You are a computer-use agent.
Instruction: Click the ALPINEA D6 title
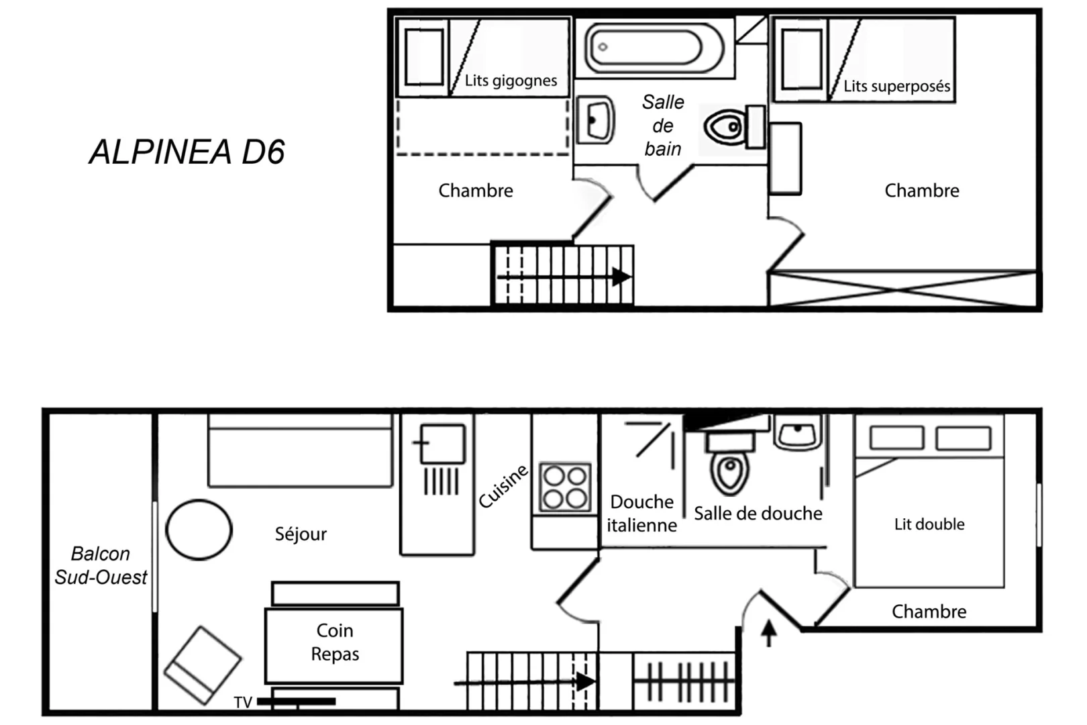187,152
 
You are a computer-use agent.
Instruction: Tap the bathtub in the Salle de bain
654,48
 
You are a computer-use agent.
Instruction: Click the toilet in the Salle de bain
734,127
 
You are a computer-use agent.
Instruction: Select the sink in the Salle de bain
595,120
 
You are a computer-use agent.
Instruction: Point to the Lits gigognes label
511,80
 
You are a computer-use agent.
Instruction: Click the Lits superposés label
896,86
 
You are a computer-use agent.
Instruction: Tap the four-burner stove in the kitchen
565,487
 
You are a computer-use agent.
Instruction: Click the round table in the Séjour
199,530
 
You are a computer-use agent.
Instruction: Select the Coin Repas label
335,642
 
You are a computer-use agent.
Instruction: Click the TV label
243,703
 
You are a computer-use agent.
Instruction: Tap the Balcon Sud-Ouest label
101,566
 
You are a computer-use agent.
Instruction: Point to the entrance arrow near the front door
769,632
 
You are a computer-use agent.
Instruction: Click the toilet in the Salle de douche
730,464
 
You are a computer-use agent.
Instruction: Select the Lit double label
929,524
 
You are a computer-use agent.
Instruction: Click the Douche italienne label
641,514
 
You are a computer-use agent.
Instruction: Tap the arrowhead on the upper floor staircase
621,277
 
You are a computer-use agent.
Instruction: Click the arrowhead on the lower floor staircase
586,682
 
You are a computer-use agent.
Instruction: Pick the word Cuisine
503,486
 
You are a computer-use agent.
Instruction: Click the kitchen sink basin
442,443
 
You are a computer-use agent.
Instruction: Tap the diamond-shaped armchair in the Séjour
203,665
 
